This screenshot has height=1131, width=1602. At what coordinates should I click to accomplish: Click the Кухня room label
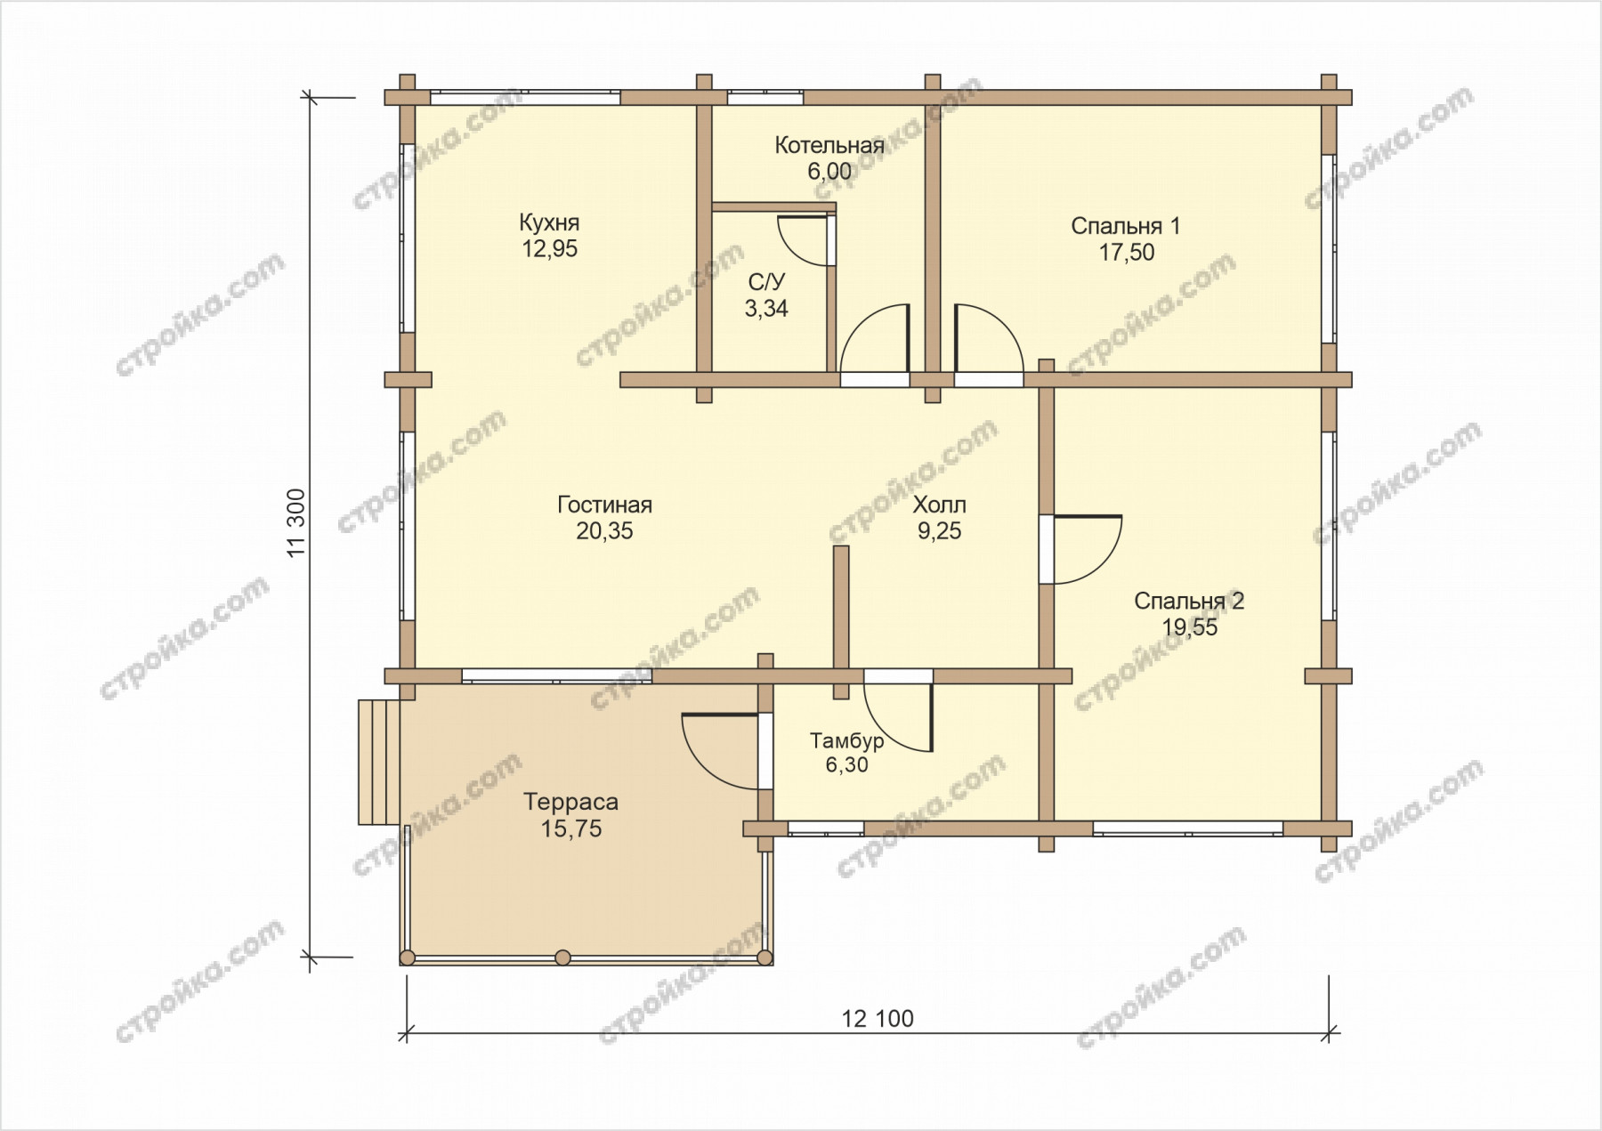(549, 222)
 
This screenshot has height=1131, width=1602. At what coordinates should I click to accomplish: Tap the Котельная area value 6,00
(829, 171)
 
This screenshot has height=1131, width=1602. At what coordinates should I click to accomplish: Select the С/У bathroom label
(766, 283)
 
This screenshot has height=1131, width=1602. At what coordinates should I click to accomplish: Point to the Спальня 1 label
(1126, 226)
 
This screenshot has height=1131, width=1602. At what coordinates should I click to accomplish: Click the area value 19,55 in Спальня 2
(1189, 627)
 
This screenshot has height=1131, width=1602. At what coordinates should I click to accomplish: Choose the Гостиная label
(605, 505)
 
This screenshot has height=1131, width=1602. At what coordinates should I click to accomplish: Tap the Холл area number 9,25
(939, 531)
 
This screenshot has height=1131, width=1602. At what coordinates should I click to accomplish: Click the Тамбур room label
(846, 740)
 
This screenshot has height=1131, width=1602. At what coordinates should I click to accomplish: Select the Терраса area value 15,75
(571, 828)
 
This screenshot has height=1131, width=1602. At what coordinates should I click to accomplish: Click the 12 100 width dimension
(878, 1018)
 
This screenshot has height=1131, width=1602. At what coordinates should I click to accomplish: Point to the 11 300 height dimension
(297, 523)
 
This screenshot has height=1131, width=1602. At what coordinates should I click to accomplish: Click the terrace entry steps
(379, 762)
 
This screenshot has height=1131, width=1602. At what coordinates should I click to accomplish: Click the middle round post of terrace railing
(562, 957)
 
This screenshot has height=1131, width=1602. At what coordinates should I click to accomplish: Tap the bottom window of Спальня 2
(1188, 828)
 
